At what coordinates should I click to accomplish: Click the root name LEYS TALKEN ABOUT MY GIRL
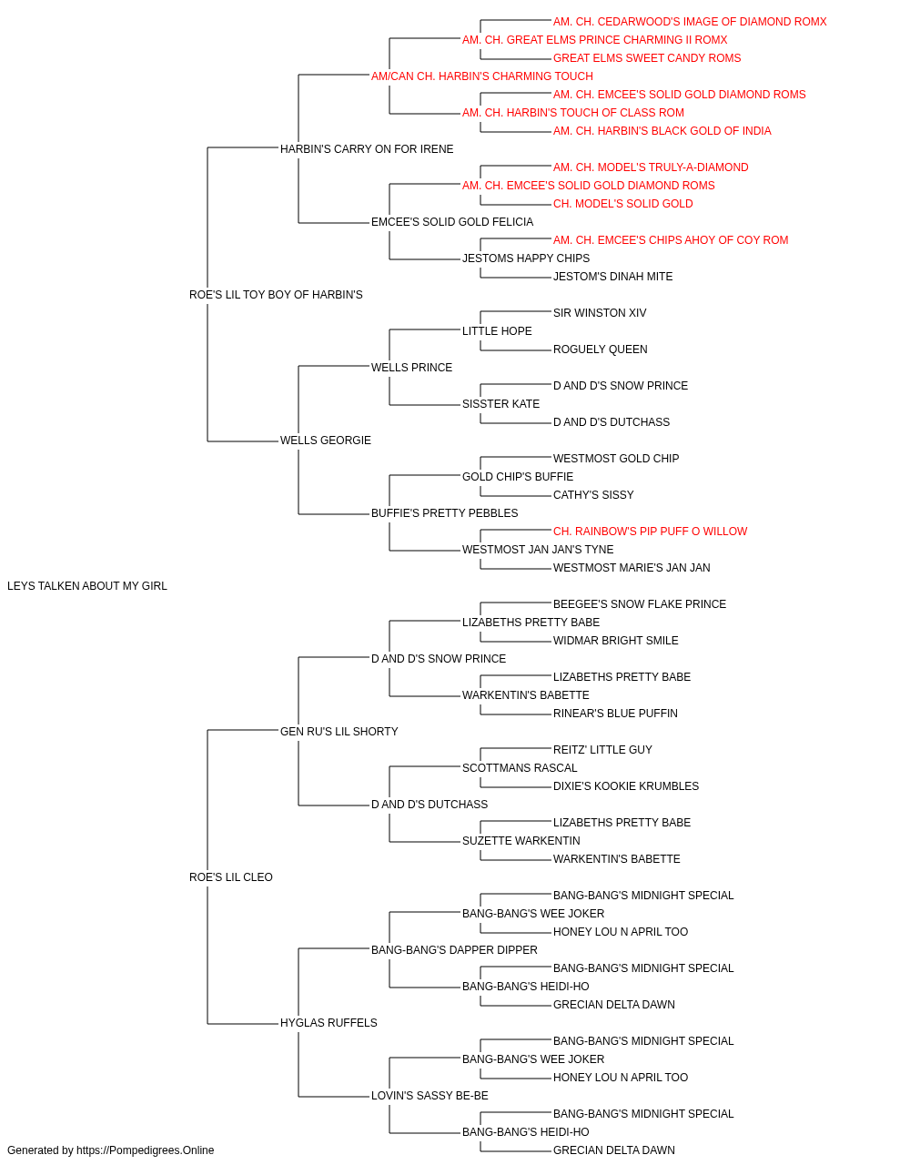pos(86,586)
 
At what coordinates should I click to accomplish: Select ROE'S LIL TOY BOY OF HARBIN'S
pos(276,295)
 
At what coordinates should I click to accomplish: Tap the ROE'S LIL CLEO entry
pos(230,877)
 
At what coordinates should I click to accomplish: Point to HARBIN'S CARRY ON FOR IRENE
pos(367,149)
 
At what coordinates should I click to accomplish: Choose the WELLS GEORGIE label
pos(325,441)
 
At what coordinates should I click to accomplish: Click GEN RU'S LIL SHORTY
pos(339,731)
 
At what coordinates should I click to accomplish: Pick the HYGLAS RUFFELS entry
pos(329,1023)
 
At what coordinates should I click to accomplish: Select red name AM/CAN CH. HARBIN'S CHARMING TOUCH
pos(481,76)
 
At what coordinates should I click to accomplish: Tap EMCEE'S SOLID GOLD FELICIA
pos(451,222)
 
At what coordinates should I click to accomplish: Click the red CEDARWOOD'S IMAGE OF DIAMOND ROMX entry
pos(690,22)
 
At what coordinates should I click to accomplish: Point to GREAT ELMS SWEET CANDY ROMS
pos(647,58)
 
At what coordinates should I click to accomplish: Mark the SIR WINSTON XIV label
pos(600,312)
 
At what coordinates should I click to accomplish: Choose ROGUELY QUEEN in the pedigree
pos(601,349)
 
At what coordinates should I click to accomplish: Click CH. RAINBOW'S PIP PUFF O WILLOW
pos(650,532)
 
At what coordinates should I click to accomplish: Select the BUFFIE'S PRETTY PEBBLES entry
pos(444,513)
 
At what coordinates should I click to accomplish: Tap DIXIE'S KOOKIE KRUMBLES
pos(626,786)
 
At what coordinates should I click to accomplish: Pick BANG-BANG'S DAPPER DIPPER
pos(454,950)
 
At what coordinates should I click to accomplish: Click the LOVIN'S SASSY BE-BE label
pos(430,1096)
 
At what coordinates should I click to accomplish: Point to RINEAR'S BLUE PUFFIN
pos(615,713)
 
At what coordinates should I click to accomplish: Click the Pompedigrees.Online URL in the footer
pos(145,1150)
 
